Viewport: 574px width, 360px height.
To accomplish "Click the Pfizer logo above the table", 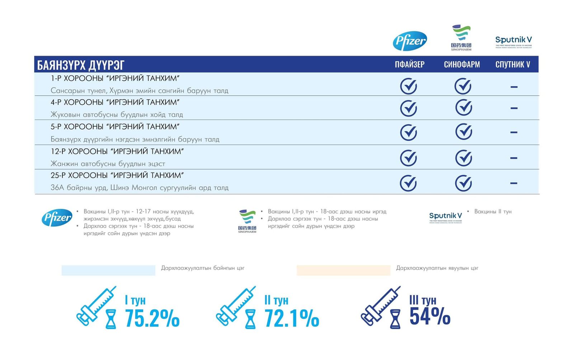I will click(x=410, y=41).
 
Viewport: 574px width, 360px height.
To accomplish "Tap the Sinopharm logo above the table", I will click(x=461, y=37).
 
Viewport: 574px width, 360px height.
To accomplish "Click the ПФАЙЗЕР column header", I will click(x=409, y=65).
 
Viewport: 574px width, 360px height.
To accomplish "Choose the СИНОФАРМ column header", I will click(x=462, y=65).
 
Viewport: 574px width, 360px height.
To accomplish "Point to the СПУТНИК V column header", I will click(x=513, y=65).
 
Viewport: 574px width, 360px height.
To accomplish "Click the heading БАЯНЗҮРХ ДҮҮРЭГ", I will click(x=81, y=65).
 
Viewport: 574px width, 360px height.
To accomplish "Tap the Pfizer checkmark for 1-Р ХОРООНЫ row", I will click(x=409, y=87).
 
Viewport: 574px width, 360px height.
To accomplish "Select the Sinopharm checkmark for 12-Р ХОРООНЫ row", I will click(x=464, y=158).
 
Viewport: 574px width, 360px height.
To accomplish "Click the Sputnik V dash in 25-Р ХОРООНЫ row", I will click(x=514, y=183).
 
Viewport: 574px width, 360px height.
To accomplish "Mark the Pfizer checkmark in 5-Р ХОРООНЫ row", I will click(x=409, y=132).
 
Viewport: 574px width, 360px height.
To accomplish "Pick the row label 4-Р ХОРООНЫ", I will click(x=115, y=102).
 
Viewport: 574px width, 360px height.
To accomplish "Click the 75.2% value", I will click(x=152, y=318).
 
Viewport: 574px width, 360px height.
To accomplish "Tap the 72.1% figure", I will click(x=292, y=318).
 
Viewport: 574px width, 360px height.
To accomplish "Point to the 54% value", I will click(x=430, y=316).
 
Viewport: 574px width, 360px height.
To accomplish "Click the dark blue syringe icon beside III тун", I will click(x=380, y=307).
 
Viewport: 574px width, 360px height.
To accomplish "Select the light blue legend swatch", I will click(x=108, y=270).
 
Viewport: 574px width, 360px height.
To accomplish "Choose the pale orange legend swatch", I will click(x=343, y=270).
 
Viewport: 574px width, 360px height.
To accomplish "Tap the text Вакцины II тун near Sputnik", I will click(x=493, y=212).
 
